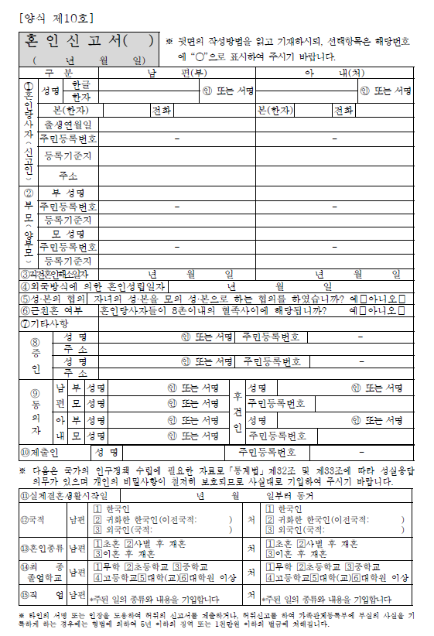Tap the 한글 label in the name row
(80, 84)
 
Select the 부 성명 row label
(68, 192)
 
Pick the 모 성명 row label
(68, 234)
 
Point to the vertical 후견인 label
(238, 412)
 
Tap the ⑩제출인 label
(39, 451)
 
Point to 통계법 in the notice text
(229, 469)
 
